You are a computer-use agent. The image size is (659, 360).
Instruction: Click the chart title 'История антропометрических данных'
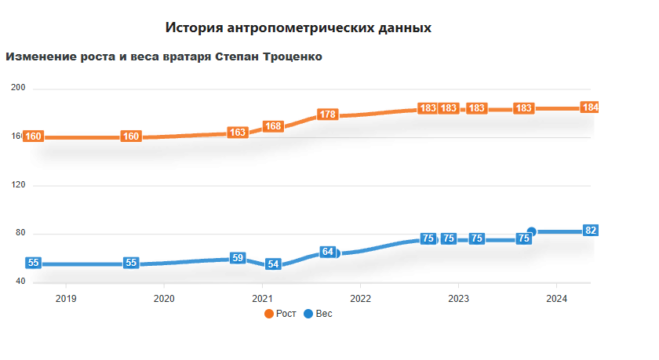(298, 27)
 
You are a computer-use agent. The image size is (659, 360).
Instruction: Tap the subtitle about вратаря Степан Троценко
(164, 56)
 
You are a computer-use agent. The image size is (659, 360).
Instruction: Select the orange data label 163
(238, 133)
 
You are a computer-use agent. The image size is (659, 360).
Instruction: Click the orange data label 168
(273, 126)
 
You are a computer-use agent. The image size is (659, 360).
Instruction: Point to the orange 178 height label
(328, 115)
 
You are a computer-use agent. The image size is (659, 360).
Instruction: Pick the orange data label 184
(591, 107)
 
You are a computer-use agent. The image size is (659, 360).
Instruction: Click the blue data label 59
(238, 258)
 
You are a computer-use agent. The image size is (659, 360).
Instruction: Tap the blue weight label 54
(273, 264)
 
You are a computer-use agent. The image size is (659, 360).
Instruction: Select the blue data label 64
(328, 253)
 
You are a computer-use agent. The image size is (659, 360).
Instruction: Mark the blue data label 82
(592, 231)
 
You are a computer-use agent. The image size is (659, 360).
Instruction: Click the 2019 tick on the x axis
(66, 298)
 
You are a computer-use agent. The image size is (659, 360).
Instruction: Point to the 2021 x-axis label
(262, 298)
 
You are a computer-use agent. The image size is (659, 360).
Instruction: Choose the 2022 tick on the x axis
(360, 298)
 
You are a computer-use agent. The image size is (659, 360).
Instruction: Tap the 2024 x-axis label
(556, 298)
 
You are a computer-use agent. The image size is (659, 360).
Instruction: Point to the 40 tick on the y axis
(20, 282)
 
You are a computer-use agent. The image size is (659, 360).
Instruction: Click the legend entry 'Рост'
(280, 314)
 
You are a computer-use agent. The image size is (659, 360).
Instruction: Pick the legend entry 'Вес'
(318, 314)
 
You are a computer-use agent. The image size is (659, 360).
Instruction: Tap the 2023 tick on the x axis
(458, 298)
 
